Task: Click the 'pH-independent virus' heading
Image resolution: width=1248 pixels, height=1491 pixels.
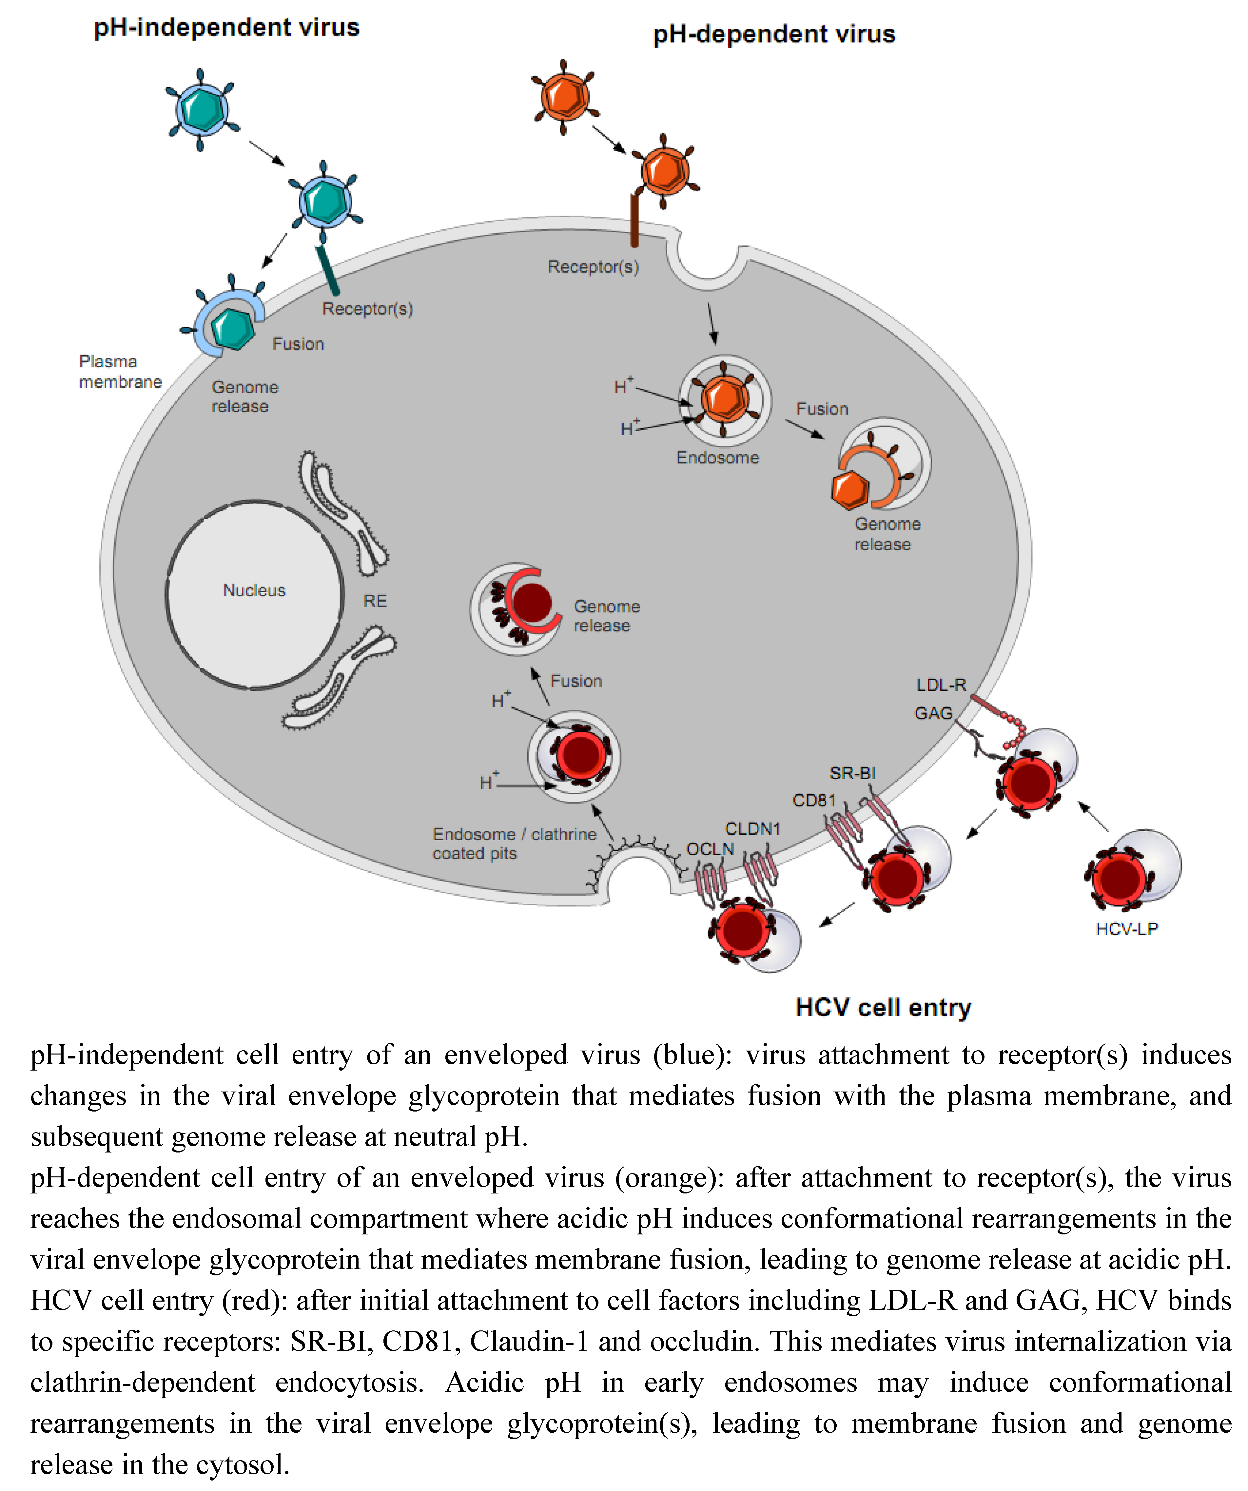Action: click(x=226, y=28)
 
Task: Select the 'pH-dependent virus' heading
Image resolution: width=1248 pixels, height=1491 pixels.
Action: click(x=774, y=34)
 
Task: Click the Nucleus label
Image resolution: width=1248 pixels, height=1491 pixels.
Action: click(x=254, y=590)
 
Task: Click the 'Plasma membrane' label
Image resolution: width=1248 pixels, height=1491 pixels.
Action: click(x=120, y=371)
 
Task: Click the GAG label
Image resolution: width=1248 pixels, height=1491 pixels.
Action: click(x=933, y=713)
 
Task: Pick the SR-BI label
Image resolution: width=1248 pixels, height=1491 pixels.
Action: click(x=852, y=773)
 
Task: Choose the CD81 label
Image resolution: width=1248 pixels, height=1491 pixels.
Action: click(x=814, y=800)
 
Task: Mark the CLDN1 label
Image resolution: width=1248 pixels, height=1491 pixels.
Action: click(x=752, y=828)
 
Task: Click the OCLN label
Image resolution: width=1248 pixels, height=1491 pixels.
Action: click(x=710, y=849)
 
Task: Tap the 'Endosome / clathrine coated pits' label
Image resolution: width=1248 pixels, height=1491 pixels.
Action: click(x=514, y=843)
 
